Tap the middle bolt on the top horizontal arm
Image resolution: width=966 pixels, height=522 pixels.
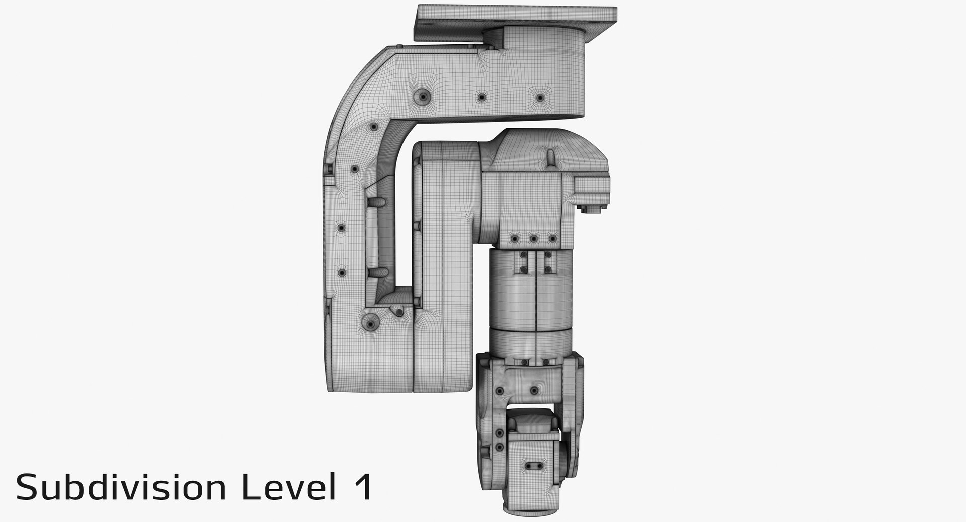pos(481,97)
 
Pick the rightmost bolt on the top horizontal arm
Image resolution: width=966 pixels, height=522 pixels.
pos(540,97)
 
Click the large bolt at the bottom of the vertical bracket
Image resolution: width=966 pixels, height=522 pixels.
pos(371,322)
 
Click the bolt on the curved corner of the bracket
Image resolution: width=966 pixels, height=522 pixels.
pos(373,128)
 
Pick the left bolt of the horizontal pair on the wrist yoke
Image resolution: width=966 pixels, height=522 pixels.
pos(499,391)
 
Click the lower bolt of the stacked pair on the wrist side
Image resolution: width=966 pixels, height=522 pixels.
pos(499,447)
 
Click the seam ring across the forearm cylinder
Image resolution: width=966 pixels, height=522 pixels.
pos(531,327)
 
